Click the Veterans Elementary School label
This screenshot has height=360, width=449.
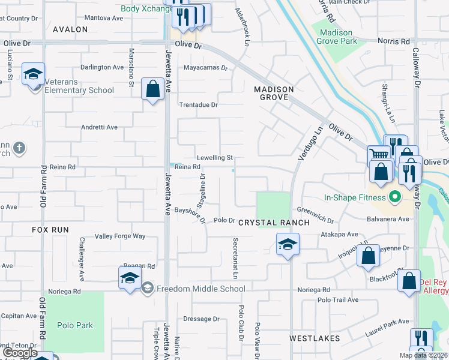pos(80,91)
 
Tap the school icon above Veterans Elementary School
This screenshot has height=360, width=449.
pos(32,75)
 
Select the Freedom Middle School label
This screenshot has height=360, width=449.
pos(200,289)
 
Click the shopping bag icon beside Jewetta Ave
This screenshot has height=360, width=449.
pos(153,89)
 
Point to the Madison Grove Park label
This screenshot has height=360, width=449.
pos(339,37)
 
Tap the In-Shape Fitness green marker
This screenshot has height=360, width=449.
pos(395,196)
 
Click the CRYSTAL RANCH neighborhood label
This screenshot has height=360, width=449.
pos(274,223)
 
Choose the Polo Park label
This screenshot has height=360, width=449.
pos(75,325)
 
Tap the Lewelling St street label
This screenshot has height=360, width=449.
pos(214,158)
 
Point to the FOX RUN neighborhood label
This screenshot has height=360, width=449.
pos(50,230)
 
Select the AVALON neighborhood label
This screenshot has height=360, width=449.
pos(70,29)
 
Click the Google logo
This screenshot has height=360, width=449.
pos(20,353)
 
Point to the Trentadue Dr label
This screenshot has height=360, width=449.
pos(198,104)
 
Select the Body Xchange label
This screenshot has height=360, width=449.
pos(142,8)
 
